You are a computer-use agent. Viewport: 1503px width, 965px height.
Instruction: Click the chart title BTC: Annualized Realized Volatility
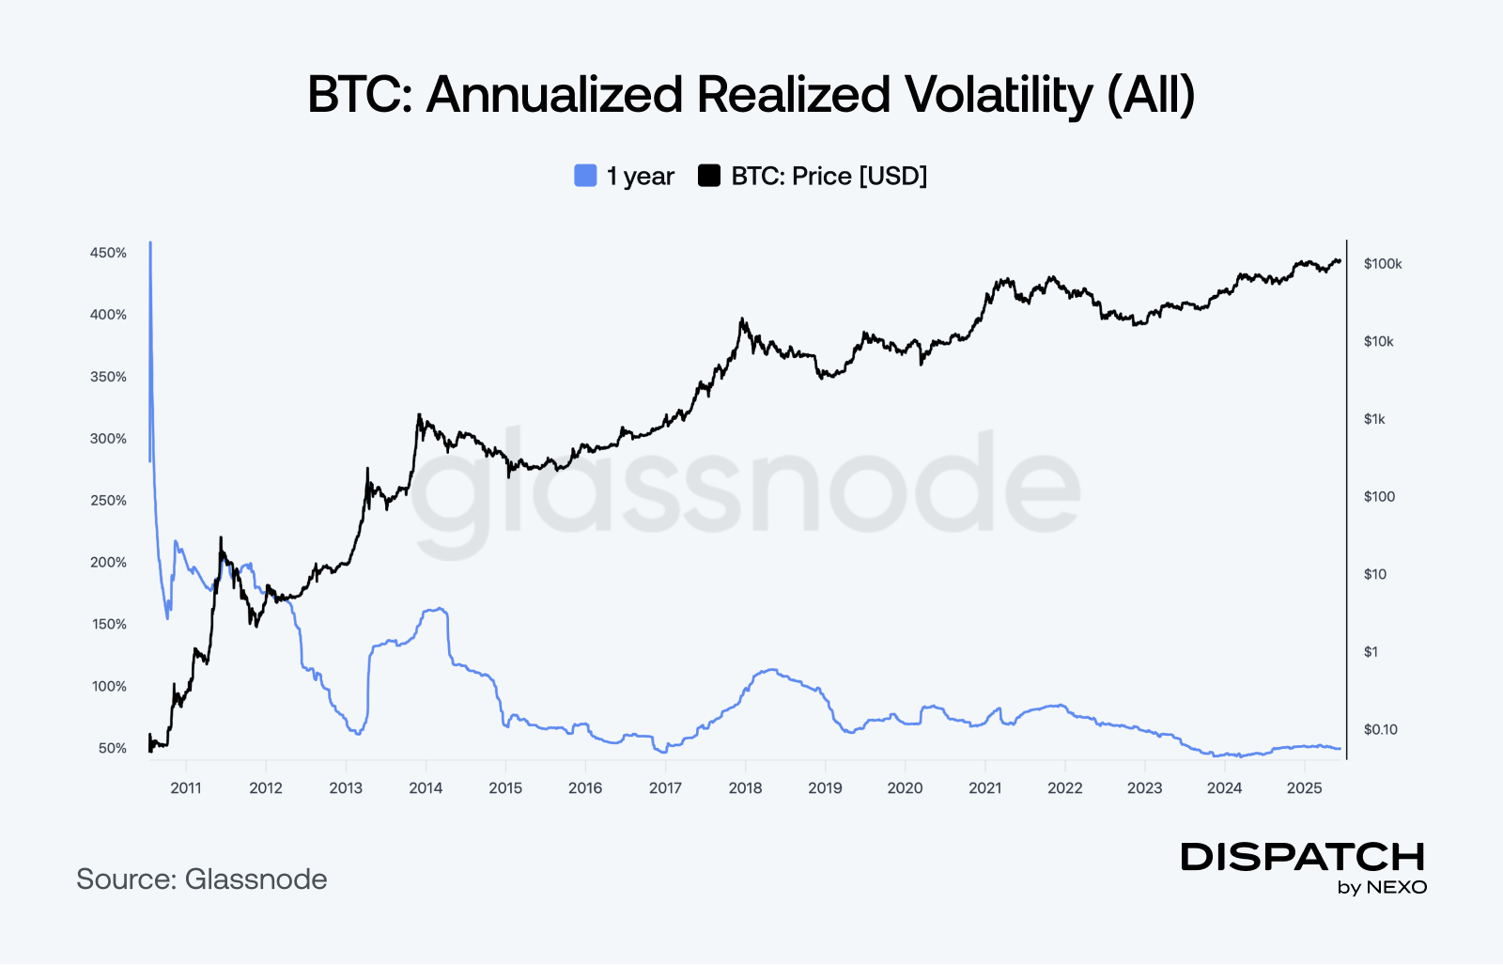[x=751, y=95]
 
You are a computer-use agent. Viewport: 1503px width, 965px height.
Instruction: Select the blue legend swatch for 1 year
[x=585, y=176]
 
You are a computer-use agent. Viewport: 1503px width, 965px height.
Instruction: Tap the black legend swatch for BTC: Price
[x=709, y=176]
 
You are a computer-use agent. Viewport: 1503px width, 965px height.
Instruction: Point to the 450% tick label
[x=108, y=253]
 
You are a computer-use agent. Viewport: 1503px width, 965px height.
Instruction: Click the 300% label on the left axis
[x=108, y=439]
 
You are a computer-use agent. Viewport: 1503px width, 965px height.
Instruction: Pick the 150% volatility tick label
[x=108, y=625]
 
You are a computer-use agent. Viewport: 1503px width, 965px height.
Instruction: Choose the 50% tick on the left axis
[x=112, y=749]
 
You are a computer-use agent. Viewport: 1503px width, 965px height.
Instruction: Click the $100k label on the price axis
[x=1383, y=264]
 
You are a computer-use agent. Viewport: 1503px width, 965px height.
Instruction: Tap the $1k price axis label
[x=1374, y=419]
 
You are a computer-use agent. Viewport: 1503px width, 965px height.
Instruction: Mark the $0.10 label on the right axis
[x=1380, y=729]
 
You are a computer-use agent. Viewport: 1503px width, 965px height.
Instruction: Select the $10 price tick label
[x=1374, y=574]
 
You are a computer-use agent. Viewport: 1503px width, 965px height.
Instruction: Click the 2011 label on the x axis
[x=186, y=788]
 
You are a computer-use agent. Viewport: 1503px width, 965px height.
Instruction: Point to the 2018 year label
[x=745, y=788]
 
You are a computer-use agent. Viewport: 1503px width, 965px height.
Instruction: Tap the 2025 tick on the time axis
[x=1304, y=788]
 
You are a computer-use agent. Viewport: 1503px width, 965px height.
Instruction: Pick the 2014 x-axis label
[x=426, y=788]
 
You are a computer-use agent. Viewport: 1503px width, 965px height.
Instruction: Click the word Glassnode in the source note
[x=256, y=879]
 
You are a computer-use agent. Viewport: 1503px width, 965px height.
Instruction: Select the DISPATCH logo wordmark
[x=1303, y=857]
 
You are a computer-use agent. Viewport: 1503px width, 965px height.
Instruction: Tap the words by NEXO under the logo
[x=1382, y=888]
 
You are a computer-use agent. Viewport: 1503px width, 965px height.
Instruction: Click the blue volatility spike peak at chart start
[x=150, y=244]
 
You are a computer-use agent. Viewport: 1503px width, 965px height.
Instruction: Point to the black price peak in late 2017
[x=742, y=319]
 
